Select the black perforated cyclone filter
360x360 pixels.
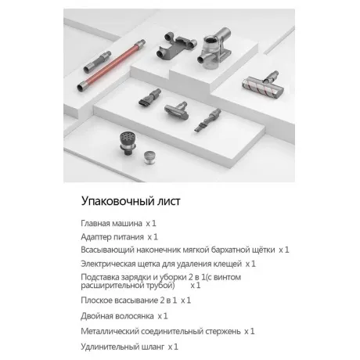128,143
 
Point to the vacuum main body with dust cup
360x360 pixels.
214,49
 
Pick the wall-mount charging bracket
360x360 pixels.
176,45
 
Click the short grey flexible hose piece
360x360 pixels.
97,62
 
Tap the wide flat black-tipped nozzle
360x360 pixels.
149,97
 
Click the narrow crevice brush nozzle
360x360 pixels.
207,120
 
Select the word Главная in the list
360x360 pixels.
95,223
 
